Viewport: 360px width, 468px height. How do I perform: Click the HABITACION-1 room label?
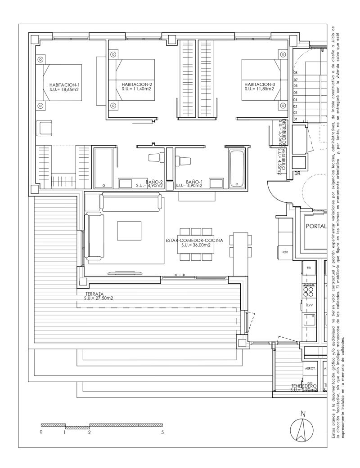(65, 85)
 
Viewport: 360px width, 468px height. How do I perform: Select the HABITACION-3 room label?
(260, 85)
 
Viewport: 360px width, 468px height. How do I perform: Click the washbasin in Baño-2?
(128, 183)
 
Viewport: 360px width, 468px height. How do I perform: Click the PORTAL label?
(315, 227)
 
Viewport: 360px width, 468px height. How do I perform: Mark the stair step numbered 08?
(296, 72)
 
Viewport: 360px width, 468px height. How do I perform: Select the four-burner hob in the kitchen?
(310, 292)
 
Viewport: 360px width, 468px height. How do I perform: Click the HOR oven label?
(284, 252)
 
